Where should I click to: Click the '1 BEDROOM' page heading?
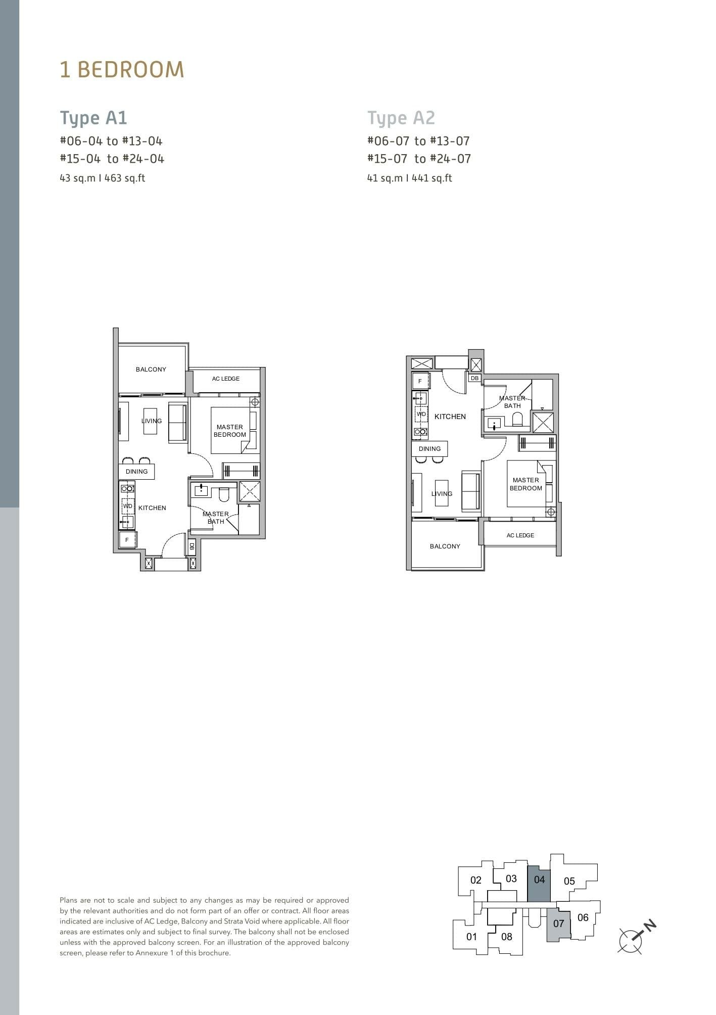click(x=122, y=70)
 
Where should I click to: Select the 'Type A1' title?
click(x=93, y=118)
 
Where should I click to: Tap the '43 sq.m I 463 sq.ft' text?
click(x=103, y=178)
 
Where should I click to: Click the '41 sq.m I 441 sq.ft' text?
click(x=409, y=178)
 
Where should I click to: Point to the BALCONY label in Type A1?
click(x=151, y=370)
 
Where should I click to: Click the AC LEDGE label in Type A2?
click(x=520, y=535)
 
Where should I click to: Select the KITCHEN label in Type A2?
click(x=450, y=417)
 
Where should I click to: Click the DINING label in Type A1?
click(x=136, y=472)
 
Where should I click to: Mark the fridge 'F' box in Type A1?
click(x=127, y=540)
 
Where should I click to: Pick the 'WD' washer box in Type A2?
click(x=421, y=414)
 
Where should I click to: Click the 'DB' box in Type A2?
click(x=474, y=378)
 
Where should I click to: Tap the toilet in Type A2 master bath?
click(x=517, y=419)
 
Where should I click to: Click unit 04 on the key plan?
click(x=539, y=880)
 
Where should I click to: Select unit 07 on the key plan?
click(x=558, y=924)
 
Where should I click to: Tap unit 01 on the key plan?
click(x=471, y=937)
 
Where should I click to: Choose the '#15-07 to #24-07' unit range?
click(x=419, y=159)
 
